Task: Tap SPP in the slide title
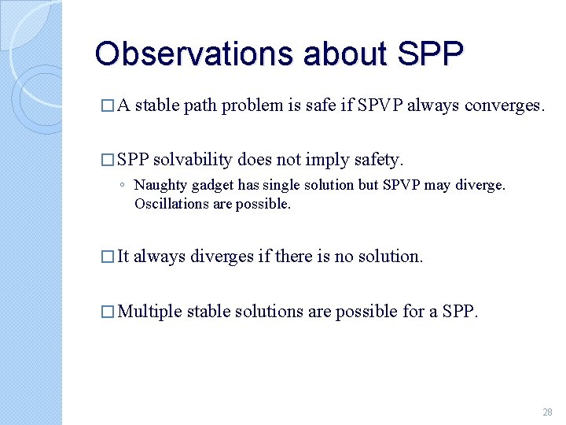coord(432,54)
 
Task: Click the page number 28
coord(547,412)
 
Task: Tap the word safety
coord(374,161)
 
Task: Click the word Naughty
coord(157,186)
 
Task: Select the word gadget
coord(204,186)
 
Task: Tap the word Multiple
coord(149,312)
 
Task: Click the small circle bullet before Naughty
coord(123,187)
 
